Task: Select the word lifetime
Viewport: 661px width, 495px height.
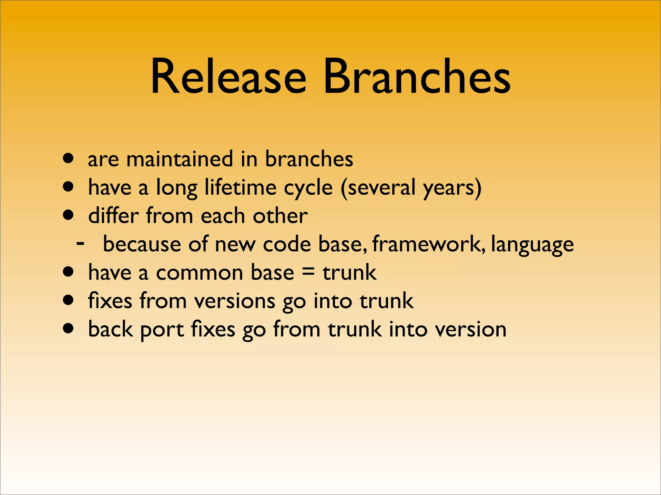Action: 241,187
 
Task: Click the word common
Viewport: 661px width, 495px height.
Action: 199,273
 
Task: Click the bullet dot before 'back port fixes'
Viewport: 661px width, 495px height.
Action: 68,329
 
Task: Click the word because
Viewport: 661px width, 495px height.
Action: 142,244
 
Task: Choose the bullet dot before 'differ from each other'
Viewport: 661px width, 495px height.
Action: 68,215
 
